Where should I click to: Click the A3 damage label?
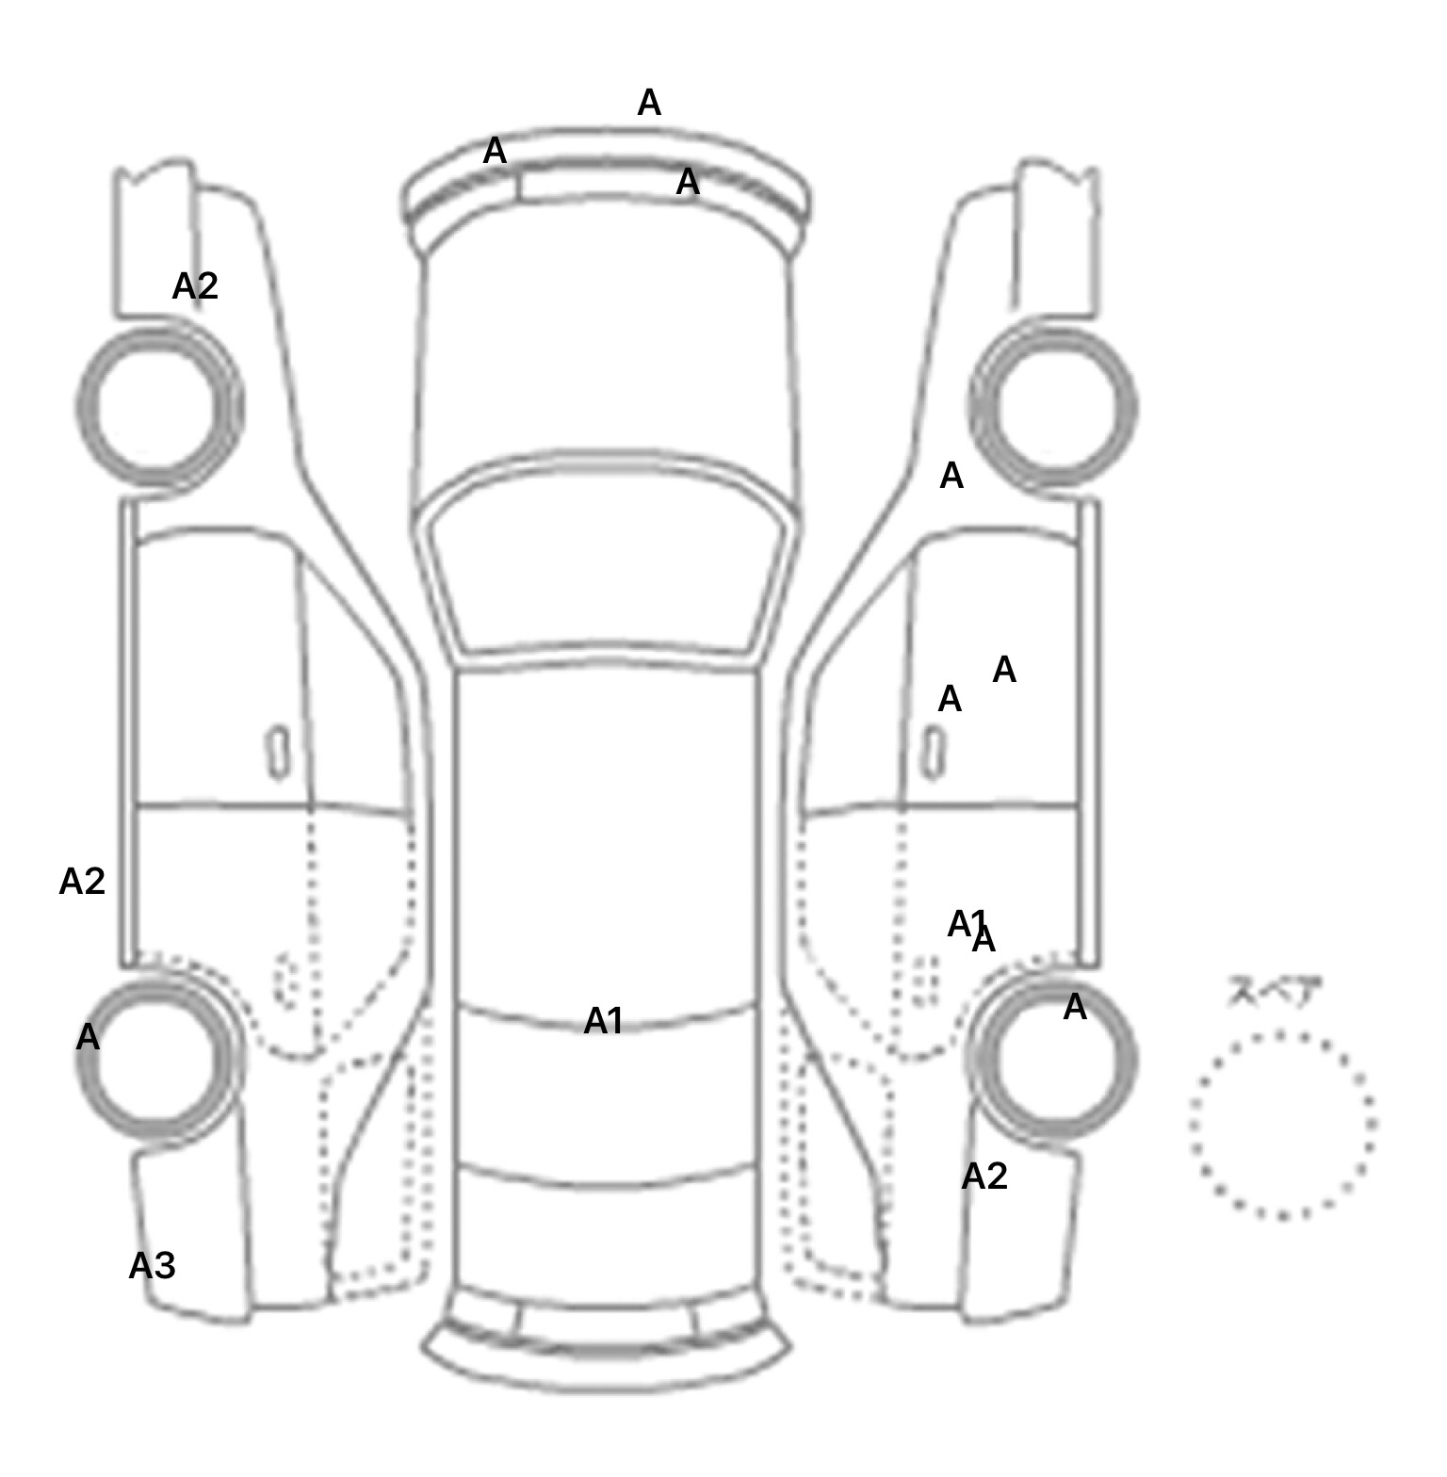coord(152,1266)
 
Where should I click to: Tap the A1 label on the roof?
coord(603,1021)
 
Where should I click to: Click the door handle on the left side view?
coord(278,753)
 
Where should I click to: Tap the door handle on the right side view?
coord(933,753)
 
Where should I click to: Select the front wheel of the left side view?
coord(158,405)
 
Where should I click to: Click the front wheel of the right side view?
coord(1053,407)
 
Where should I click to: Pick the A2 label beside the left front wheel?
coord(195,286)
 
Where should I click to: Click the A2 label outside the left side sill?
coord(82,882)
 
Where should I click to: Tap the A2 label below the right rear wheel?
coord(984,1177)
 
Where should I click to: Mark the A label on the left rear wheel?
coord(88,1037)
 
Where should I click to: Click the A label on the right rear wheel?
coord(1075,1008)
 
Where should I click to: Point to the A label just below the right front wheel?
coord(951,477)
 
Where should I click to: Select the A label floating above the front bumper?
coord(649,103)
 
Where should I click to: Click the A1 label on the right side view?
coord(965,923)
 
